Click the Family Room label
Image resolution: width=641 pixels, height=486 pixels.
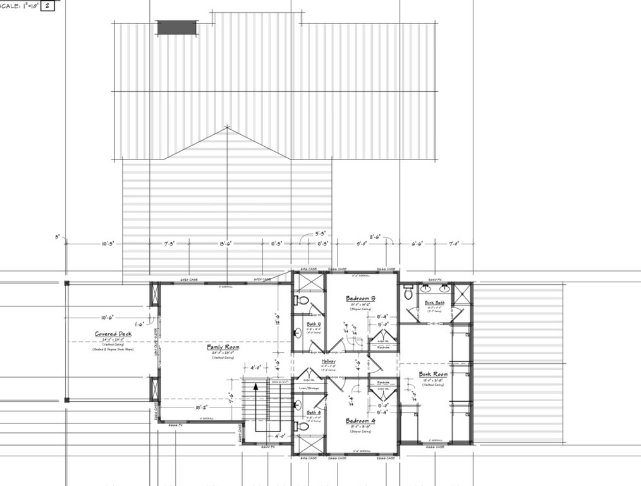pos(223,347)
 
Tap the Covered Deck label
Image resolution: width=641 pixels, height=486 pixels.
pos(113,334)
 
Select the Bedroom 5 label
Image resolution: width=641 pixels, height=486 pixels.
pos(361,298)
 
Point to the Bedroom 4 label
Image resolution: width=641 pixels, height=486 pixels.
pos(361,420)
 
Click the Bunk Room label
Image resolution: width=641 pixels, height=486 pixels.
pos(433,374)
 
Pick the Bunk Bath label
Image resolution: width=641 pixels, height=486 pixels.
pos(434,303)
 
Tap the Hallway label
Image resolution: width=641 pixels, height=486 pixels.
pos(327,361)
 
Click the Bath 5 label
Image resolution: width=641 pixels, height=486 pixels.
pos(314,324)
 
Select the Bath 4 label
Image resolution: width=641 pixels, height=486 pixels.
pos(314,413)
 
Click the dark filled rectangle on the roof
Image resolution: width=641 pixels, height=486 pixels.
pos(176,27)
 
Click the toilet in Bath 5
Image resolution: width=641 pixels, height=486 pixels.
pos(301,300)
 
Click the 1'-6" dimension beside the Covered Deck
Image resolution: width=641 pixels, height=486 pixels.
pos(139,323)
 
